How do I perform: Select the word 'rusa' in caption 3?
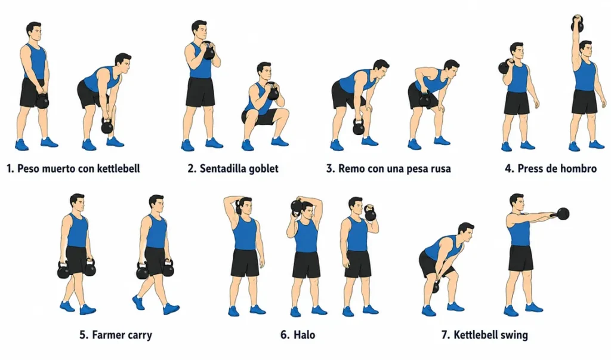coord(440,169)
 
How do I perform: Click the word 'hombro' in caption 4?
coord(578,168)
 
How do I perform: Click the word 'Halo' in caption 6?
coord(304,335)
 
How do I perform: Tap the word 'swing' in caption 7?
coord(516,336)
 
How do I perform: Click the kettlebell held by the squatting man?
coord(272,92)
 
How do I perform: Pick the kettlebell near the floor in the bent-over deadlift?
coord(107,125)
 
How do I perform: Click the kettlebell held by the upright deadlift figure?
coord(42,100)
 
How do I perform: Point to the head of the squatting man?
coord(264,72)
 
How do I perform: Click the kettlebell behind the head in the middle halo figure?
coord(297,207)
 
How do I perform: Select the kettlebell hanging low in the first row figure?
coord(359,126)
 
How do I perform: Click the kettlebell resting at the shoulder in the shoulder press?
coord(505,67)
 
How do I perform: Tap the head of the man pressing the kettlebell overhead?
coord(585,50)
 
